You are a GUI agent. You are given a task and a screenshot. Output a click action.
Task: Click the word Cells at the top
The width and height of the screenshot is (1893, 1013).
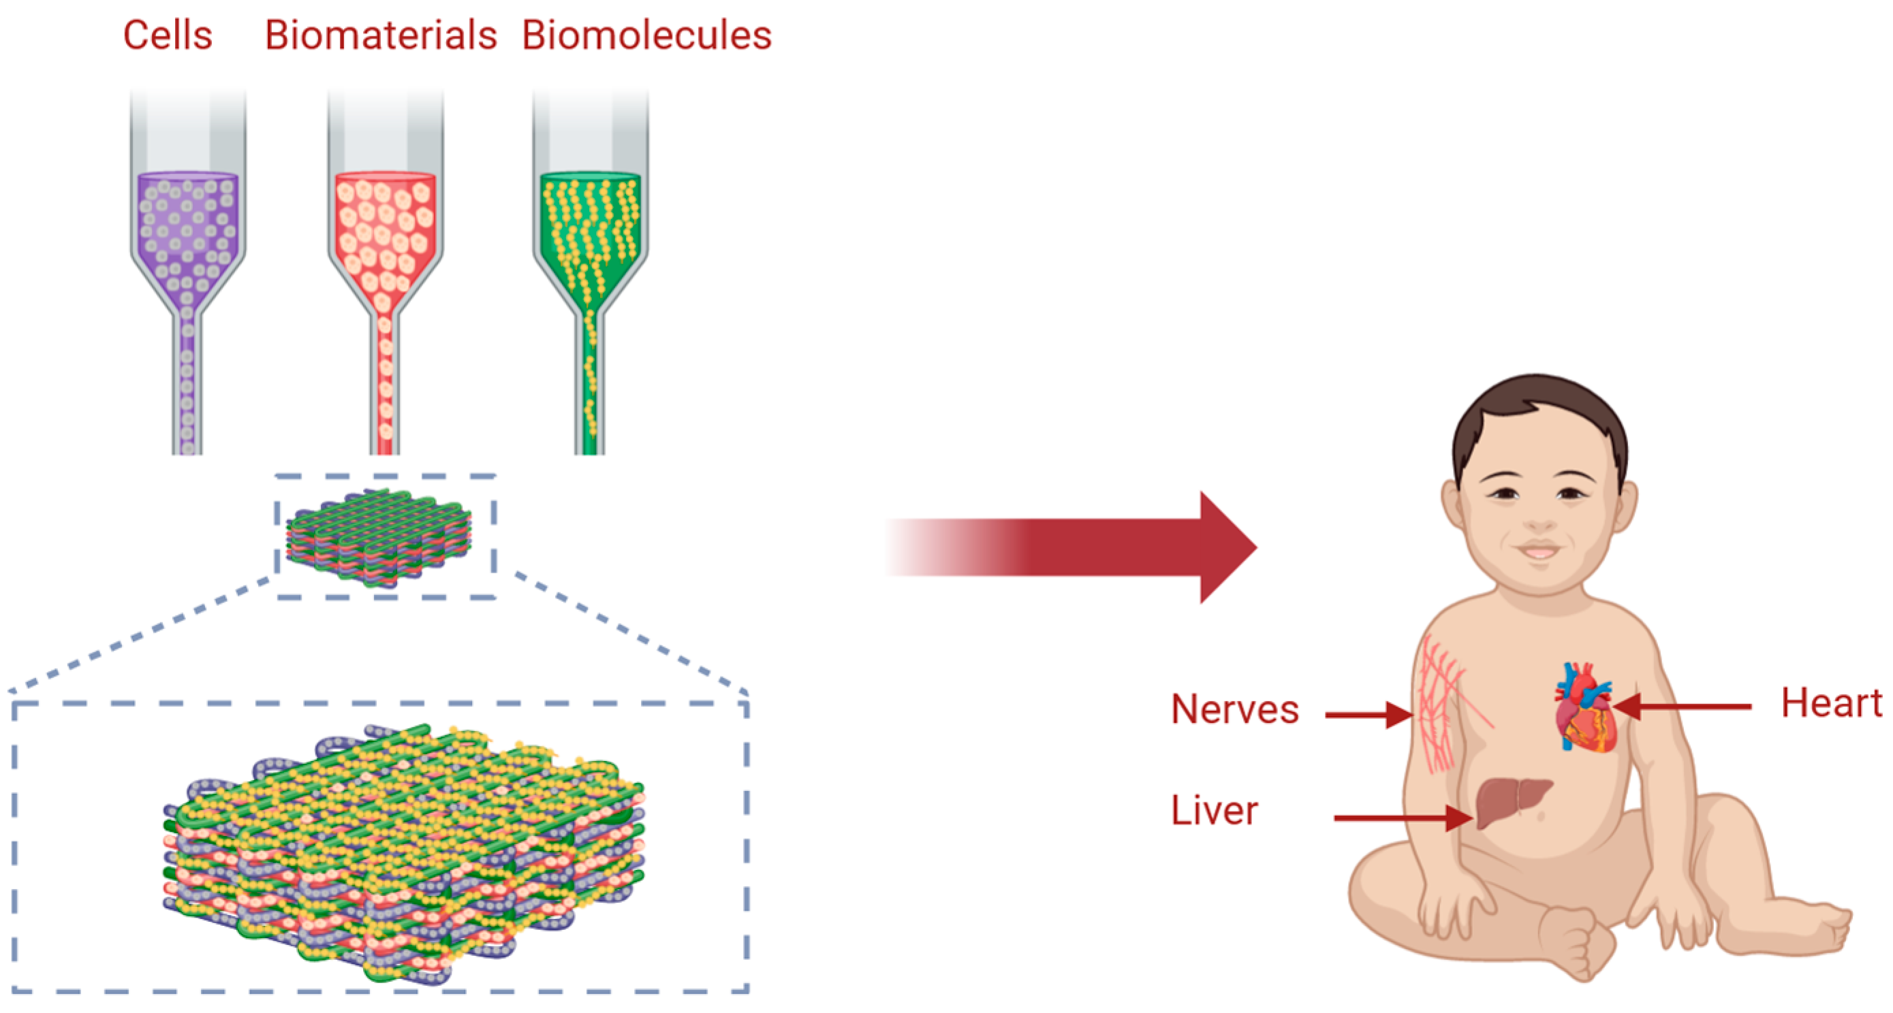(168, 35)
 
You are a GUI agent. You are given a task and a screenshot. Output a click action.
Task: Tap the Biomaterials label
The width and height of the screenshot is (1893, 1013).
(381, 35)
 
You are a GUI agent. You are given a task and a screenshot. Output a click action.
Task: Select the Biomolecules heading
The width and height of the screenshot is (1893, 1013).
(646, 35)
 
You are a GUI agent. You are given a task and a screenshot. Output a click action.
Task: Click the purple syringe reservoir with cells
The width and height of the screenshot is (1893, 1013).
(188, 228)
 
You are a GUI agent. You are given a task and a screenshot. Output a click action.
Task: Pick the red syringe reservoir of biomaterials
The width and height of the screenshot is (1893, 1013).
(385, 228)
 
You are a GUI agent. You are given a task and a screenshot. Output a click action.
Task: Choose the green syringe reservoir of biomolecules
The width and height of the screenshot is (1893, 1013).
(590, 228)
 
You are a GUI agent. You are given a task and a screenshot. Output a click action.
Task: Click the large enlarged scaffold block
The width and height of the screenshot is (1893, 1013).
(404, 852)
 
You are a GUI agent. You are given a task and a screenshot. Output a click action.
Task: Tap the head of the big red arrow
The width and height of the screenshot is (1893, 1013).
(1223, 547)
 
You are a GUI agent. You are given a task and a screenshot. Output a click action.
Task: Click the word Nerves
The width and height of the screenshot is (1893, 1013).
(1234, 709)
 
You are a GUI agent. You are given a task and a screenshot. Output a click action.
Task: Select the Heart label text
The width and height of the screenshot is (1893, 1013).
(1831, 703)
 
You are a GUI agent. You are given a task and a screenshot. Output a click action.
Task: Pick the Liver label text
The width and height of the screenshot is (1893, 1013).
(1214, 811)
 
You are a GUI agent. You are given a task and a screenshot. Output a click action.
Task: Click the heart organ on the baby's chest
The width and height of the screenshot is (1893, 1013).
(1585, 709)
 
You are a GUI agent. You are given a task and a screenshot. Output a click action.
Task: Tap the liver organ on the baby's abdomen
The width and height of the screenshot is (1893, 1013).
(1510, 801)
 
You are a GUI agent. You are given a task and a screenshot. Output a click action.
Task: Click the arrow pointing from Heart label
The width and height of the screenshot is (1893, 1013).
(1683, 707)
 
